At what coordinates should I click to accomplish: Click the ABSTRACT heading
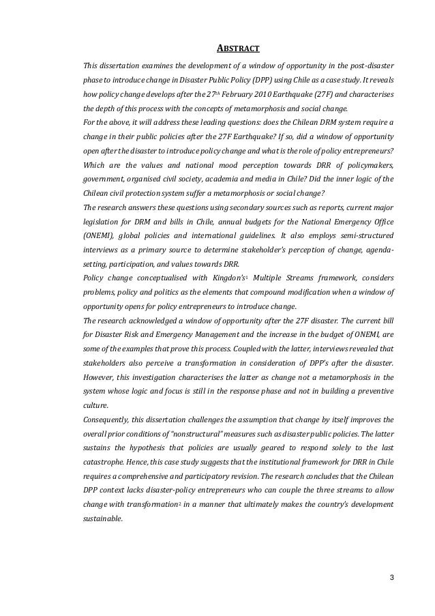(238, 48)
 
